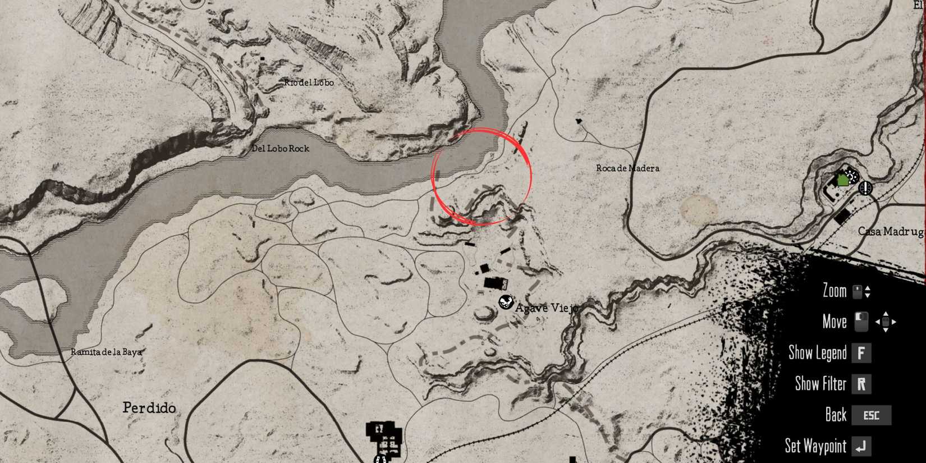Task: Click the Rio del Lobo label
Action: [x=309, y=82]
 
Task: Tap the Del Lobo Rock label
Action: [x=280, y=149]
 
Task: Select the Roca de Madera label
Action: [x=627, y=168]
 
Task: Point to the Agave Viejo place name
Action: [x=546, y=308]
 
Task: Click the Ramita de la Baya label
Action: [x=106, y=352]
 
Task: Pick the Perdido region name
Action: [x=149, y=407]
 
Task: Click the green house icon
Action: [x=842, y=180]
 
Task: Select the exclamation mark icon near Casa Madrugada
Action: [x=866, y=187]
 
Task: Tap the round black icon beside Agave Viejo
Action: [x=506, y=302]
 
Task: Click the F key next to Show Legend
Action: [x=861, y=353]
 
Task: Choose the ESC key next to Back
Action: [x=871, y=415]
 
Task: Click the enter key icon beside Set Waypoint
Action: [x=861, y=446]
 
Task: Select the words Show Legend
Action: [x=817, y=353]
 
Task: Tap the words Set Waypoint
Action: [x=815, y=446]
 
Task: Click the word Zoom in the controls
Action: [x=834, y=291]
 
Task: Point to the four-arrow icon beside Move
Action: [x=886, y=322]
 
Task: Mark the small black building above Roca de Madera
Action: [x=579, y=120]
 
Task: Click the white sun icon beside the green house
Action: [x=852, y=176]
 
